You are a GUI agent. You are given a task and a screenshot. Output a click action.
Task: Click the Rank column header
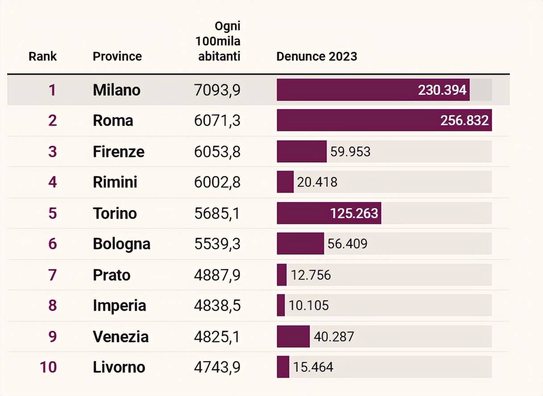click(x=43, y=56)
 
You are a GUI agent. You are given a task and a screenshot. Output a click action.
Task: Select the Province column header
click(x=117, y=56)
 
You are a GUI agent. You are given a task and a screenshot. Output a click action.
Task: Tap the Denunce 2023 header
click(x=317, y=56)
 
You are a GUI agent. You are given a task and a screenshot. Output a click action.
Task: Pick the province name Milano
click(x=117, y=90)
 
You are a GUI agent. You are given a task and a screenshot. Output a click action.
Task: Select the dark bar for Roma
click(x=357, y=120)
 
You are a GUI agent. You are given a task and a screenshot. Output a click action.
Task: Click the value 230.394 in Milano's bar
click(x=442, y=90)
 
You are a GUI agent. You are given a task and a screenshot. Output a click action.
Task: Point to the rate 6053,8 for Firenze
click(x=217, y=152)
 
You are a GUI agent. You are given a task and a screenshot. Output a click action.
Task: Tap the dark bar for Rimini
click(x=285, y=182)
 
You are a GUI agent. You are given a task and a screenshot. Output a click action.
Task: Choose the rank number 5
click(x=53, y=213)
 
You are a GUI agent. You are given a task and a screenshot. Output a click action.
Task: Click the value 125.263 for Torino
click(x=354, y=213)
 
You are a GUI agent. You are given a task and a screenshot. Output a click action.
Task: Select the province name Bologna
click(x=121, y=244)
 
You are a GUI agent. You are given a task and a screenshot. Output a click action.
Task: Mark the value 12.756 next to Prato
click(x=311, y=274)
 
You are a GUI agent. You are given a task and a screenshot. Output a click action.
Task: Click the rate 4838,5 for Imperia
click(x=217, y=305)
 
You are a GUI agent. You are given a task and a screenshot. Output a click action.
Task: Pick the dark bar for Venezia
click(x=293, y=336)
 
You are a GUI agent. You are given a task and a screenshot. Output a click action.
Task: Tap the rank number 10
click(x=48, y=367)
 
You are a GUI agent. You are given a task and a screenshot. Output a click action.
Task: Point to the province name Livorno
click(x=119, y=367)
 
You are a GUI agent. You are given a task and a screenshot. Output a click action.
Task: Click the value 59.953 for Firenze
click(x=350, y=152)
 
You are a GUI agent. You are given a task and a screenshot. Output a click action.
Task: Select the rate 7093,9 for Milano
click(x=217, y=90)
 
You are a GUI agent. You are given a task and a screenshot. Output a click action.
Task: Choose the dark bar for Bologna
click(x=300, y=244)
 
